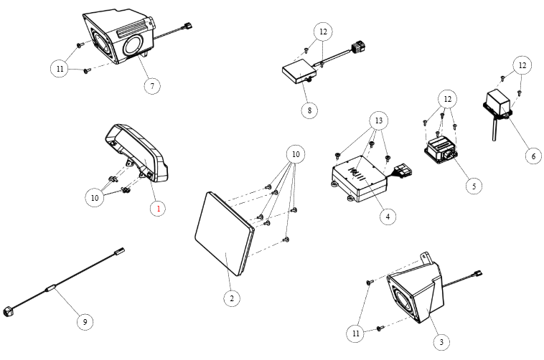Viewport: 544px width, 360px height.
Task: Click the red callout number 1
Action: [x=159, y=209]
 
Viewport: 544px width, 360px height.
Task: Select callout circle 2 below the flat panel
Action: [x=231, y=298]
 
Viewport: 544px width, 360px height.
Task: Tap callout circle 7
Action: [x=151, y=85]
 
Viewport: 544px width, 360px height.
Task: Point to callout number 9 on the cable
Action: [x=85, y=322]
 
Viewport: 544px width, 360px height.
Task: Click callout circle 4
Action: [x=387, y=215]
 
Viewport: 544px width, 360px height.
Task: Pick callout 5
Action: [x=472, y=185]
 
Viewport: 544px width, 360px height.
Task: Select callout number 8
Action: [x=309, y=110]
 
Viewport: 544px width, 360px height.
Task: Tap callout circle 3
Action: [x=441, y=342]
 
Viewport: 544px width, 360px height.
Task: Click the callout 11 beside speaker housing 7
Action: [x=60, y=69]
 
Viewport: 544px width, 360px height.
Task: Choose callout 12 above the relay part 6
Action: [x=522, y=65]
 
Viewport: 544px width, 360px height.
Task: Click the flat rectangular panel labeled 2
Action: [x=222, y=232]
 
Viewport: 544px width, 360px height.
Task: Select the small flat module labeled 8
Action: [x=296, y=73]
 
